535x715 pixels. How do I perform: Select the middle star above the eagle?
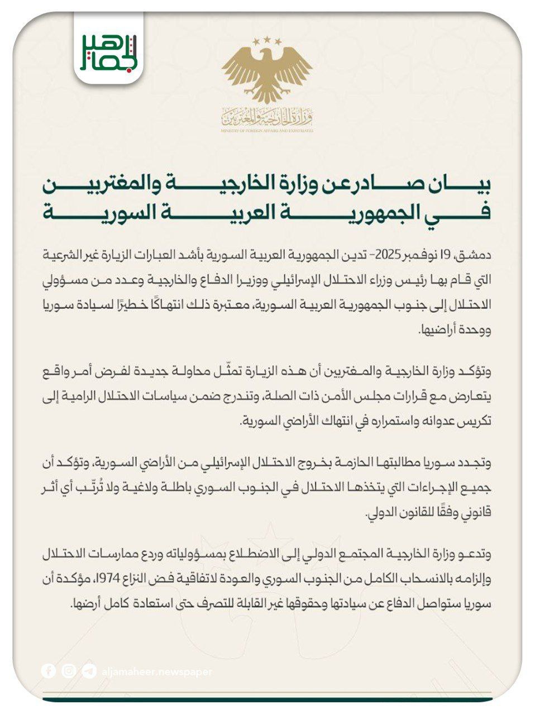pyautogui.click(x=267, y=40)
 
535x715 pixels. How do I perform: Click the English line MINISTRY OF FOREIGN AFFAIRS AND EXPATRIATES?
pyautogui.click(x=267, y=130)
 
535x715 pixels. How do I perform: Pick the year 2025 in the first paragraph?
pyautogui.click(x=385, y=256)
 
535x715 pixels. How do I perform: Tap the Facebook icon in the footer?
pyautogui.click(x=49, y=671)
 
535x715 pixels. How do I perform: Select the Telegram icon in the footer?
pyautogui.click(x=89, y=671)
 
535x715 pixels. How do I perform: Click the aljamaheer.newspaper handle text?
pyautogui.click(x=157, y=671)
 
